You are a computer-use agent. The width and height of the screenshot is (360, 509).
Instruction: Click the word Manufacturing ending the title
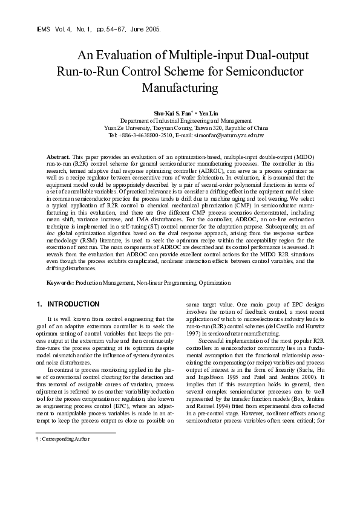179,87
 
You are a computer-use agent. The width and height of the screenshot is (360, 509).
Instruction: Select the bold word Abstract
59,157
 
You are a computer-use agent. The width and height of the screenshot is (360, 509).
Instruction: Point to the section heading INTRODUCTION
73,303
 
